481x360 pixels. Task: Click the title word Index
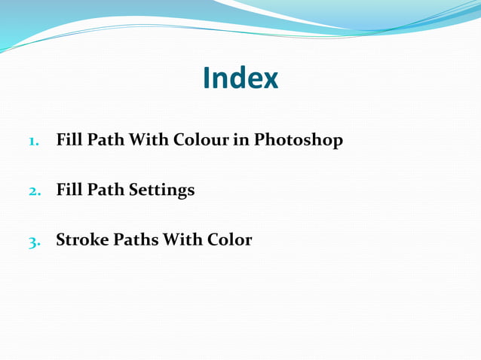(x=240, y=78)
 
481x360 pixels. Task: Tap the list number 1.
(x=33, y=141)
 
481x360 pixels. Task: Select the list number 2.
(x=34, y=191)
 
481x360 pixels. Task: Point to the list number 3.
(x=34, y=241)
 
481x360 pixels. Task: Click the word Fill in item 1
(x=69, y=140)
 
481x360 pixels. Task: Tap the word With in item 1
(x=149, y=140)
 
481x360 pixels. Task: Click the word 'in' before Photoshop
(x=241, y=140)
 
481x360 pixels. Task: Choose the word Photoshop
(x=299, y=141)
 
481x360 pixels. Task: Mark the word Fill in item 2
(x=69, y=190)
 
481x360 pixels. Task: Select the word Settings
(x=161, y=191)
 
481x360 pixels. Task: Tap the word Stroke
(x=82, y=240)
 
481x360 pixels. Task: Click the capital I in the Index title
(x=207, y=78)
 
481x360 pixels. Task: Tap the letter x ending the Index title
(x=271, y=80)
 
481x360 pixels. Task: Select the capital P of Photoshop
(x=259, y=140)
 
